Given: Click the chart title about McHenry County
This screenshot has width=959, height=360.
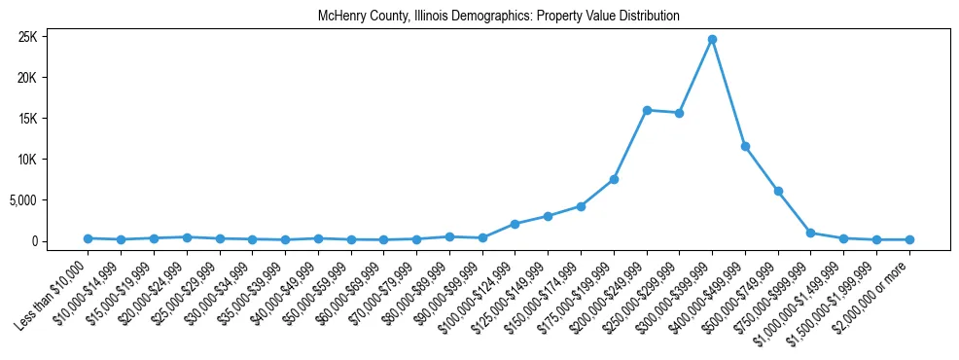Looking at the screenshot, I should pos(498,17).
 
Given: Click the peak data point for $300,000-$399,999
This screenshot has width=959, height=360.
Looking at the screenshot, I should pos(712,39).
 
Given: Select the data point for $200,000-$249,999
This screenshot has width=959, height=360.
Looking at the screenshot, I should pos(647,110).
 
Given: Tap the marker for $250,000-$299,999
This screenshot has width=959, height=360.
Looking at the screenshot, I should pos(679,113).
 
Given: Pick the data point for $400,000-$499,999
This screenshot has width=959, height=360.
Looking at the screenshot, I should pos(745,146).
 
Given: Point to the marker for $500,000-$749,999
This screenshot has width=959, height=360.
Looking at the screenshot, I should pos(778,191).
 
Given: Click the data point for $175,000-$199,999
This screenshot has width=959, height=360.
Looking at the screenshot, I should pos(614,179).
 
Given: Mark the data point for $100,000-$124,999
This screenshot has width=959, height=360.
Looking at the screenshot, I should pos(515,224).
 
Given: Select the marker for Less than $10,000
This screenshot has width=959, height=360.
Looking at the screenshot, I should pos(88,238).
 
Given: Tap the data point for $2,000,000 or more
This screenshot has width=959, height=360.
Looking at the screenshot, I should pos(909,239).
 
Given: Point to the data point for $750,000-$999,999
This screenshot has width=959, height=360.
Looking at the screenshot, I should pos(811,233).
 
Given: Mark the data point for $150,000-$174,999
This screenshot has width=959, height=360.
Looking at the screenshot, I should pos(581,206).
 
